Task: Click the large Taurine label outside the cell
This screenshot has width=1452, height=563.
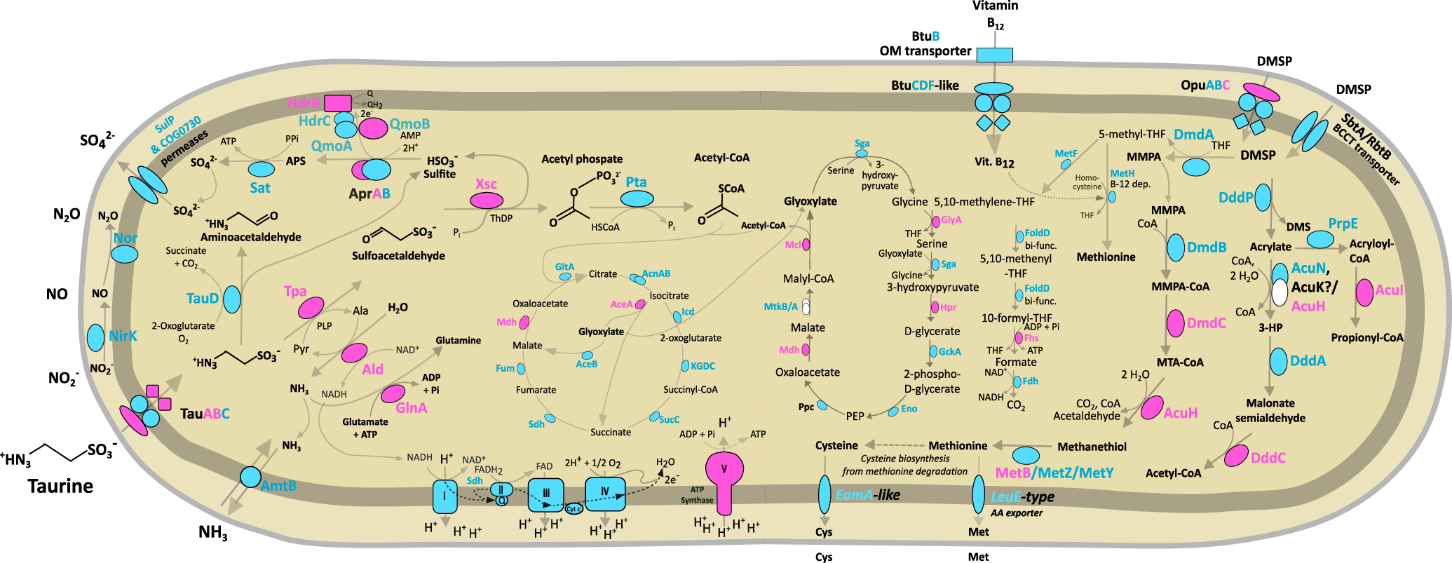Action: (x=60, y=486)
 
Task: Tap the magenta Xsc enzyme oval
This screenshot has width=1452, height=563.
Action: (x=486, y=201)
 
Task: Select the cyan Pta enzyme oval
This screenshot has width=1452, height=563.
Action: (x=637, y=198)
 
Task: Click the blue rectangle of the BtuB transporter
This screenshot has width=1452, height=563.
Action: (x=994, y=55)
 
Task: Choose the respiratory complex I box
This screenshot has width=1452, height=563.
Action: (x=445, y=496)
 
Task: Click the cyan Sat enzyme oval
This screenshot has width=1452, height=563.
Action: (x=262, y=169)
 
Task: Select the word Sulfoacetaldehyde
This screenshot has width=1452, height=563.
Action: (x=398, y=256)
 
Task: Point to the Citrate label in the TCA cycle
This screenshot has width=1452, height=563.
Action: (x=603, y=274)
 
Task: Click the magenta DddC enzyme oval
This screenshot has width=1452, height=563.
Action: (x=1236, y=456)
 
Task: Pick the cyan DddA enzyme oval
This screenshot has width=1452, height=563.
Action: (x=1279, y=361)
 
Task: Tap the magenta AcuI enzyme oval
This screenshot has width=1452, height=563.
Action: (x=1364, y=292)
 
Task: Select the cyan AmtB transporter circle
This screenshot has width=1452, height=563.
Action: (x=250, y=477)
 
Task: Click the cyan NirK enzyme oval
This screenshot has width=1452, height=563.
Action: (x=96, y=337)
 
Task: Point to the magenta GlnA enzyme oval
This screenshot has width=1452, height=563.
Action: (x=393, y=393)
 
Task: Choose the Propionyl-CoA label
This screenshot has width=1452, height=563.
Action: (x=1366, y=338)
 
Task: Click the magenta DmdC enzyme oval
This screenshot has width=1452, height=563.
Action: (x=1176, y=323)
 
